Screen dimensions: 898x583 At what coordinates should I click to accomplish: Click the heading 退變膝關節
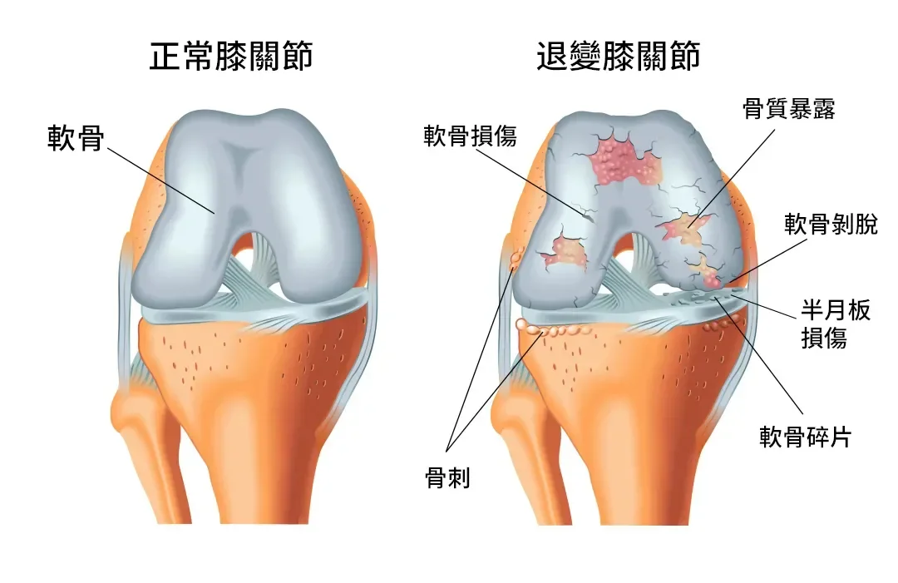pyautogui.click(x=618, y=57)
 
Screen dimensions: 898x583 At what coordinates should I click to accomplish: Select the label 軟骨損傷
pyautogui.click(x=470, y=136)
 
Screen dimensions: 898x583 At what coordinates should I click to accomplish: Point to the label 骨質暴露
pyautogui.click(x=788, y=109)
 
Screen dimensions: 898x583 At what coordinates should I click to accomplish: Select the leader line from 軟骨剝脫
pyautogui.click(x=757, y=257)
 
